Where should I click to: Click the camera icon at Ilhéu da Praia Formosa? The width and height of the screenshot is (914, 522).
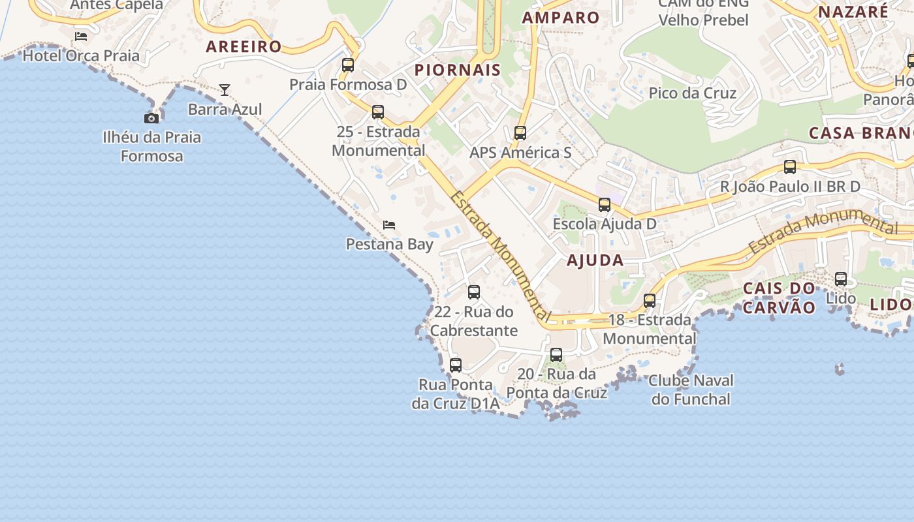151,118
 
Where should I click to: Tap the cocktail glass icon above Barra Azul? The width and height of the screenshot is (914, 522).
225,90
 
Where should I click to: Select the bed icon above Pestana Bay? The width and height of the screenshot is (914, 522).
389,225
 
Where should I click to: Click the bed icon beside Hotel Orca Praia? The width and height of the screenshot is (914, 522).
81,37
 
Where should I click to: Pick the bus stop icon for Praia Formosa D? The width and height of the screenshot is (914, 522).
348,65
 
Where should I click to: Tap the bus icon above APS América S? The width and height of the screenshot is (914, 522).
520,133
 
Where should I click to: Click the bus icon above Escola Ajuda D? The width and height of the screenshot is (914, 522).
605,205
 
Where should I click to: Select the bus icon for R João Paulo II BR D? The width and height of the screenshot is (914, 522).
790,167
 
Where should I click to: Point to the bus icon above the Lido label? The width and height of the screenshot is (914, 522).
841,279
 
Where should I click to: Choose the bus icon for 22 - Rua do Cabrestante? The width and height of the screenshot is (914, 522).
474,292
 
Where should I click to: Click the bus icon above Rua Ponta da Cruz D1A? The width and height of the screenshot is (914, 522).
456,365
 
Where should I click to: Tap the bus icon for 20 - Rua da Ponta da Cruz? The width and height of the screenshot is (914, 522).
556,355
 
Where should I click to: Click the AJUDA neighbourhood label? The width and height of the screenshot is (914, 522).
595,260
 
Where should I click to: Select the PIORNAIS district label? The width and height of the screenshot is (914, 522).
458,70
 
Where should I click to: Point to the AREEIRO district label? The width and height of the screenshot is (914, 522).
244,46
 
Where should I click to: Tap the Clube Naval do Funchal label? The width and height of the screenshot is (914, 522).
691,390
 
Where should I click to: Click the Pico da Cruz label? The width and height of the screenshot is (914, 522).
692,93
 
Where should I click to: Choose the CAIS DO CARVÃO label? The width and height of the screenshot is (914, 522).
780,298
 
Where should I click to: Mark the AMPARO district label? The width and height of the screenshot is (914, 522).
561,18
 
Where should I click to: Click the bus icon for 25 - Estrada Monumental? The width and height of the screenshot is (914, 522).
378,112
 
